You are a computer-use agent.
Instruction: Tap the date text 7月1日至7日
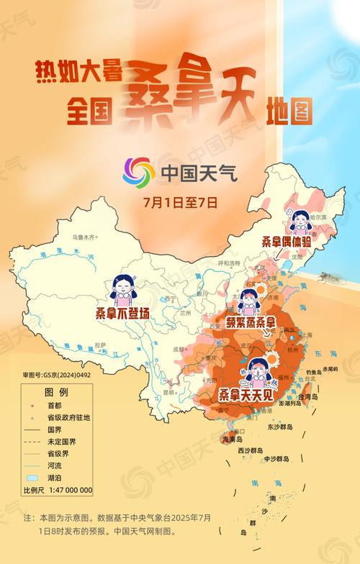(x=179, y=202)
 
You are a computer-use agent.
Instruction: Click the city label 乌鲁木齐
(x=83, y=237)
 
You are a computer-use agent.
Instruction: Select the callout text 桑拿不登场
(x=124, y=314)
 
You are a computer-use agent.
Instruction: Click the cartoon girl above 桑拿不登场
(x=124, y=288)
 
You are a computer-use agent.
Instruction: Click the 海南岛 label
(x=233, y=439)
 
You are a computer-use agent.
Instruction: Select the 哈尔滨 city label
(x=314, y=214)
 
